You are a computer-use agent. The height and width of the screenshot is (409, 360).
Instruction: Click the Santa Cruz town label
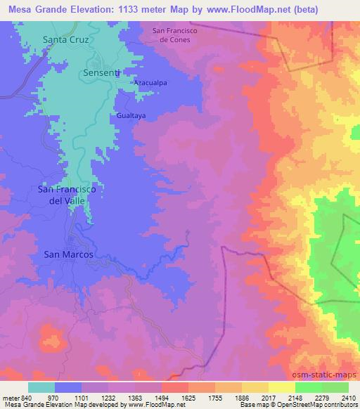65,40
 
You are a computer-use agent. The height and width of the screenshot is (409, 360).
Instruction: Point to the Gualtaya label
131,114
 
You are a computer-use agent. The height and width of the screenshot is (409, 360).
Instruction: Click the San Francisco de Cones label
176,35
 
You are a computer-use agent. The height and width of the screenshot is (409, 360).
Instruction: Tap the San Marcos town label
68,254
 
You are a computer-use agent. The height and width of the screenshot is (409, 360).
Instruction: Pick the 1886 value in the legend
240,398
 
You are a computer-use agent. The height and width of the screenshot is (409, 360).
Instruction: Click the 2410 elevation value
347,398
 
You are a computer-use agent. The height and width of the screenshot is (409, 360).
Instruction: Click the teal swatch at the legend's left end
41,387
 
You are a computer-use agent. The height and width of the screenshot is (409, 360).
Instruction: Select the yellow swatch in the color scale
281,387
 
